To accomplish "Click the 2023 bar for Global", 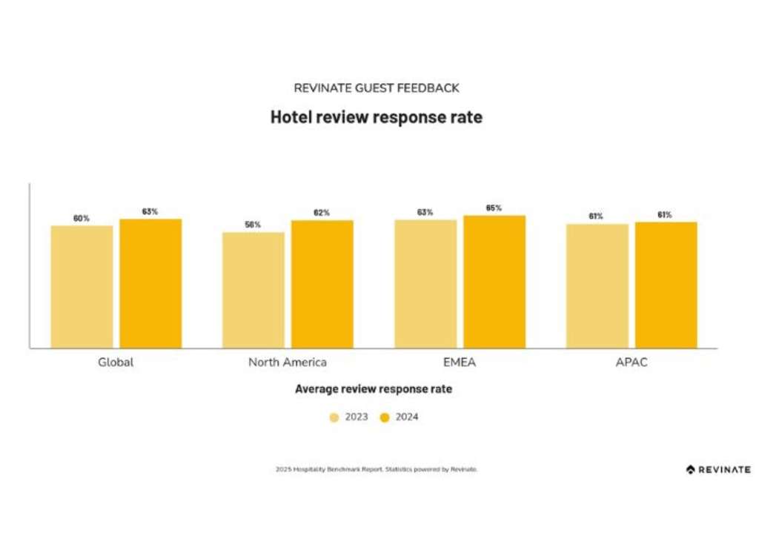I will [x=82, y=286].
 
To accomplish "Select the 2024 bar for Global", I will [x=150, y=283].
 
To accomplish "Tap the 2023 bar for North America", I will [x=253, y=290].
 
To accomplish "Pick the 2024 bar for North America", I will [x=322, y=284].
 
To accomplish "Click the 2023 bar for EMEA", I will [x=425, y=284].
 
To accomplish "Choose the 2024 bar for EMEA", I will [x=494, y=282].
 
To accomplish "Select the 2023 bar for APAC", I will [x=597, y=285].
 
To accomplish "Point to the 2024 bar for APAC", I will [x=666, y=285].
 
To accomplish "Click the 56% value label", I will [x=253, y=224].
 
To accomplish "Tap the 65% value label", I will [x=494, y=208].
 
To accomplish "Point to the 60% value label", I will [x=82, y=218].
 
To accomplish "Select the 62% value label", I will [x=322, y=213].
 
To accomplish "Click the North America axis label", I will [x=288, y=363].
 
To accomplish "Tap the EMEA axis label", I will [x=460, y=363].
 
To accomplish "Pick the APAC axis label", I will [x=632, y=363].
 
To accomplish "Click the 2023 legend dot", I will [x=334, y=417].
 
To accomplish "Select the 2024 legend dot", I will [x=385, y=417].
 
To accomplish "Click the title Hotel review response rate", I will [x=376, y=117].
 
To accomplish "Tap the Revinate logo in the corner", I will [x=717, y=469].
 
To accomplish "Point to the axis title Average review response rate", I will [x=374, y=389].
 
